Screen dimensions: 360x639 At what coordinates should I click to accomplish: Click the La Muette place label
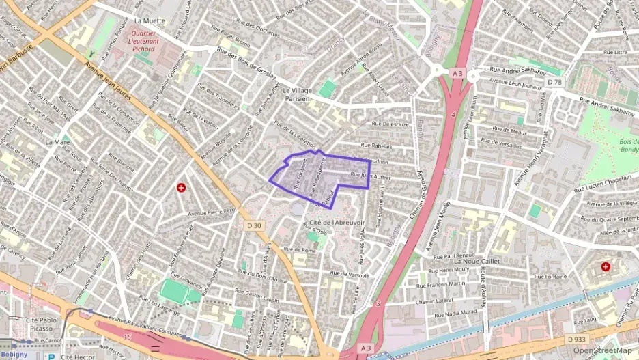(150, 21)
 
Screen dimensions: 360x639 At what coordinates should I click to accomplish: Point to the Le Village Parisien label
(296, 94)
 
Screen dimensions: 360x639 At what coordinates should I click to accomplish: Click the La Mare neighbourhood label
(57, 142)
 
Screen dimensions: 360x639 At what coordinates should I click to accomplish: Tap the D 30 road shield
(254, 225)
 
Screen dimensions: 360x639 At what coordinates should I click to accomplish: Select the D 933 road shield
(576, 339)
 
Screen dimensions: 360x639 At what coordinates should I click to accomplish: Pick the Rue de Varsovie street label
(349, 274)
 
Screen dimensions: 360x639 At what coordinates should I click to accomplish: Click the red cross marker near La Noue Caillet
(606, 266)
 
